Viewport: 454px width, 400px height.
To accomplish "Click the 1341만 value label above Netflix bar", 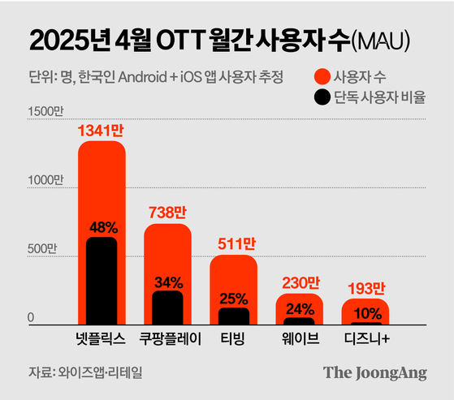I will click(102, 131).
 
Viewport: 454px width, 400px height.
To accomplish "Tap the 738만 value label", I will click(167, 213).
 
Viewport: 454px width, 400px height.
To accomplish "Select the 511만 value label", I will click(233, 243).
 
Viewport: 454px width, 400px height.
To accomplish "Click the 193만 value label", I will click(365, 288).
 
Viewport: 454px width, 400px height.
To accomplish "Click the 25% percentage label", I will click(233, 298).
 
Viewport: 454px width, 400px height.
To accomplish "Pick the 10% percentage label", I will click(365, 312).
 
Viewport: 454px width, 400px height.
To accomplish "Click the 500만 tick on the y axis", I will click(45, 248).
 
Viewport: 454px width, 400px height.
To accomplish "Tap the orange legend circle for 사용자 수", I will click(322, 78).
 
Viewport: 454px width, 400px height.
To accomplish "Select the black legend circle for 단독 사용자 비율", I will click(322, 99).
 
